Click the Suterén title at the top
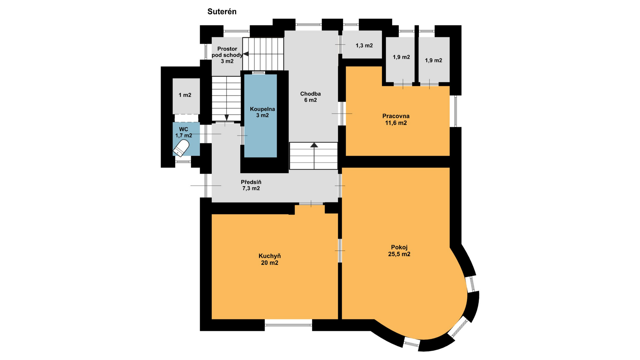[x=222, y=12]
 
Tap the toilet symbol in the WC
[x=181, y=148]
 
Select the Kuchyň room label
[x=270, y=256]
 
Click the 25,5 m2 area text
[x=399, y=254]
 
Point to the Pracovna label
[x=396, y=116]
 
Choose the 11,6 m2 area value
[x=396, y=123]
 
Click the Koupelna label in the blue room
[x=263, y=109]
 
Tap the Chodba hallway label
[x=310, y=94]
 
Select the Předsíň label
[x=251, y=182]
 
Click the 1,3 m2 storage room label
[x=364, y=46]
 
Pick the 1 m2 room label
[x=185, y=95]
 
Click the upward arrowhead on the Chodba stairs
[x=314, y=145]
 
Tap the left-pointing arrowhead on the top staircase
[x=246, y=54]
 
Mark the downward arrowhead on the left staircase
[x=227, y=118]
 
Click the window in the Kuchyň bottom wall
[x=288, y=325]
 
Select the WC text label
[x=184, y=129]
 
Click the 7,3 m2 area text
[x=251, y=188]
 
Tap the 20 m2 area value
[x=270, y=263]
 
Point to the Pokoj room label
[x=399, y=247]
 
